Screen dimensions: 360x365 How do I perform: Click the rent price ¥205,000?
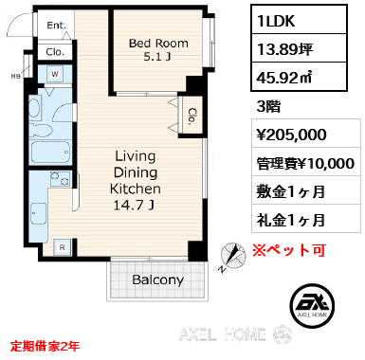292,136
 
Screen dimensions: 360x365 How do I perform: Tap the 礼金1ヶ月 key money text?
291,219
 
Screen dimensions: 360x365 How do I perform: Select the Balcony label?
157,280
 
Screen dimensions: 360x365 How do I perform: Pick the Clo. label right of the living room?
192,117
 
